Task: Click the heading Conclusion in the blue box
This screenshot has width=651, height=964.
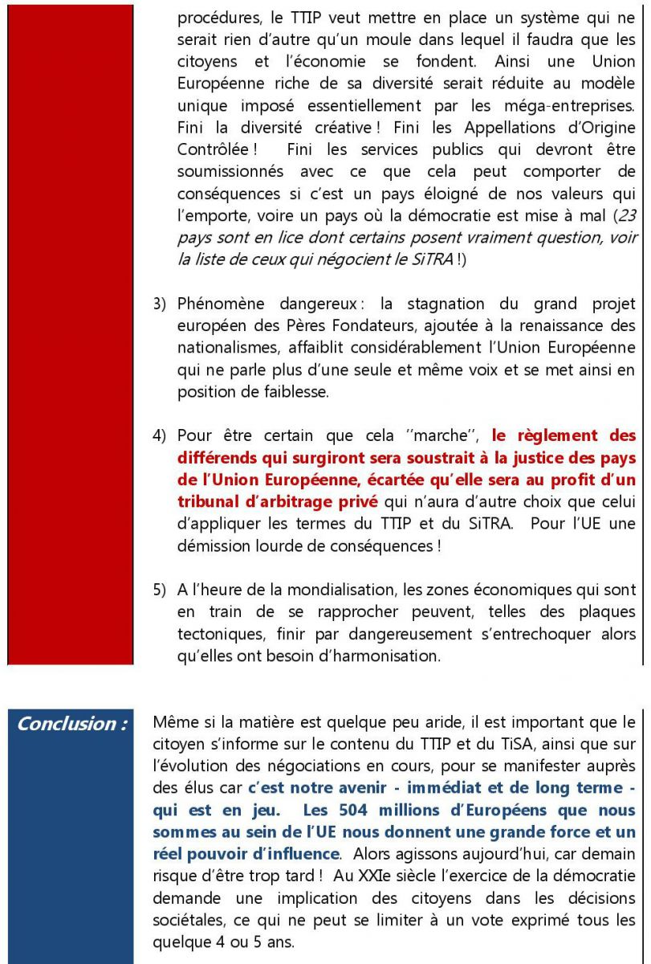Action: tap(72, 723)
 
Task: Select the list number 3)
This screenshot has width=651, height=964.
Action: tap(160, 305)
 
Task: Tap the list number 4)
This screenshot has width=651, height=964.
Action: tap(160, 436)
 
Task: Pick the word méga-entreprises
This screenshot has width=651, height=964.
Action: tap(560, 105)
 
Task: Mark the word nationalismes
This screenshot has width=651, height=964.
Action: tap(226, 349)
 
